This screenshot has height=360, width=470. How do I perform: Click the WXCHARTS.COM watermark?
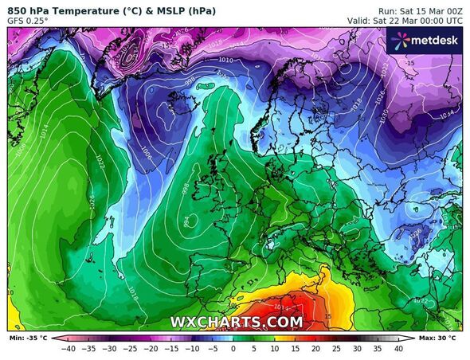[237, 322]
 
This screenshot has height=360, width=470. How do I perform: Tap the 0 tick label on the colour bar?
[233, 348]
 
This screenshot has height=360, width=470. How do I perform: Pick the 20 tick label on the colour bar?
[315, 348]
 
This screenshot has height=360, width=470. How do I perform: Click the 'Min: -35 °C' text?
[27, 338]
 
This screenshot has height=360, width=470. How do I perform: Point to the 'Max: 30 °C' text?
[438, 338]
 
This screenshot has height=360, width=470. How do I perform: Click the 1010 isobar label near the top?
[249, 59]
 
